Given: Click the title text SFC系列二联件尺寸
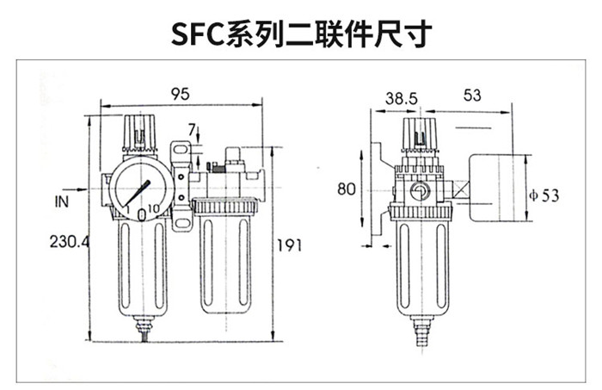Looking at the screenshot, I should [x=301, y=32].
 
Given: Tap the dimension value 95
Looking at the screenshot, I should [x=179, y=94].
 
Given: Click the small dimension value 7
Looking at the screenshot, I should [x=191, y=129].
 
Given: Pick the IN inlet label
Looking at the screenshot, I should [x=62, y=202].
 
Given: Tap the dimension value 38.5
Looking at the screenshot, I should [x=401, y=97].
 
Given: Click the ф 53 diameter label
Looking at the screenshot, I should [x=544, y=195].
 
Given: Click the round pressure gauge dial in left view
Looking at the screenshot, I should [x=137, y=188].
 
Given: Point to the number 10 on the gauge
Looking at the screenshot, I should [x=151, y=209].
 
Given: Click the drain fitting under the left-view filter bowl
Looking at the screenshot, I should [x=143, y=325].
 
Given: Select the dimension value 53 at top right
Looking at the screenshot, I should [x=471, y=96].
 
